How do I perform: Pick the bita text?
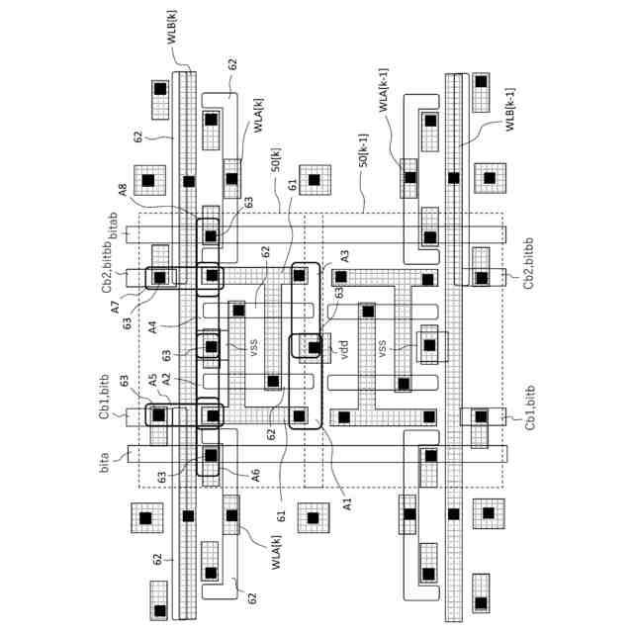(x=104, y=461)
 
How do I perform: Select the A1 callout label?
(x=346, y=504)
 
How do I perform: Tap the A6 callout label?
(x=255, y=475)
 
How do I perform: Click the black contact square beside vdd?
(x=315, y=347)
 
